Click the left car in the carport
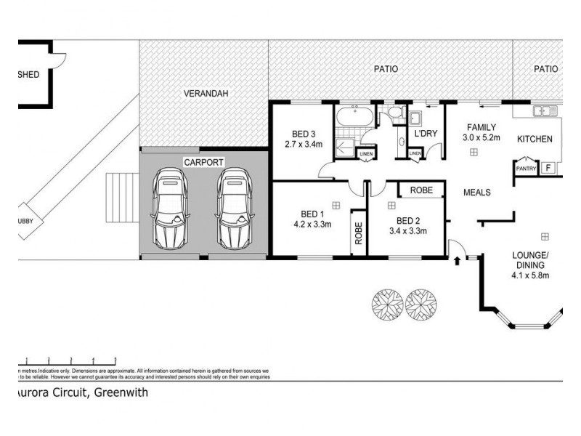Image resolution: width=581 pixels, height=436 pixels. tap(169, 209)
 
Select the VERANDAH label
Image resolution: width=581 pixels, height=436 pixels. tap(203, 94)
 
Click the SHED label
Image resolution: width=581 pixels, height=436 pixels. tap(29, 74)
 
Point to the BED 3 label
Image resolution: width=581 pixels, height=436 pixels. tap(304, 134)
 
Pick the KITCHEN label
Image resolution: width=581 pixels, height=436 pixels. tap(535, 139)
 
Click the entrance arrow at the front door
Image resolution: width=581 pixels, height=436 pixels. tap(457, 257)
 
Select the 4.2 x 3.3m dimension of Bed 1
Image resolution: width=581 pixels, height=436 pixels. tap(312, 225)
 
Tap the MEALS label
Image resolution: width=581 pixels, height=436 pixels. tap(477, 193)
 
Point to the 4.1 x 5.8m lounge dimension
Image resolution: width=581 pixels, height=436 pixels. tap(530, 275)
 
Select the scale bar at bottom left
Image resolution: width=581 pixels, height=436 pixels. tap(69, 360)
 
